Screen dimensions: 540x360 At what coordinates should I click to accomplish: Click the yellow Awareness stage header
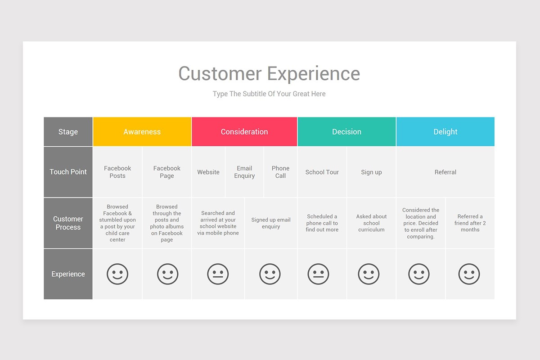coord(142,132)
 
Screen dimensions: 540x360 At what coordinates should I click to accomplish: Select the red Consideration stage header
coord(244,132)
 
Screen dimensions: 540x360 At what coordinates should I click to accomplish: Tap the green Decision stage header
coord(346,132)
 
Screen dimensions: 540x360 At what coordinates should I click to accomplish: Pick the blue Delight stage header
coord(445,132)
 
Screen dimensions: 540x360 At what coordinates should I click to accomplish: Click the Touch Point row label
coord(68,172)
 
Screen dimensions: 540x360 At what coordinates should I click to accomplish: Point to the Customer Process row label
coord(68,223)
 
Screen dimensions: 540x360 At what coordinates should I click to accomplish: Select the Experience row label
coord(68,274)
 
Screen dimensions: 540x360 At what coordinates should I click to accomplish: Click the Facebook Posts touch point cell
coord(117,172)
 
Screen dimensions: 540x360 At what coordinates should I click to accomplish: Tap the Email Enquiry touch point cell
coord(244,172)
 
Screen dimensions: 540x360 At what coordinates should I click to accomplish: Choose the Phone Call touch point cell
coord(281,172)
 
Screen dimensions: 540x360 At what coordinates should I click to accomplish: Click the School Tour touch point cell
coord(322,172)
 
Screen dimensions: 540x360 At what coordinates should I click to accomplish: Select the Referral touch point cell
coord(445,172)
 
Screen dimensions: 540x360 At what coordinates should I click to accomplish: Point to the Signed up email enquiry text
coord(271,223)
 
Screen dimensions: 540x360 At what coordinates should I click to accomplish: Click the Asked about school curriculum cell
coord(371,223)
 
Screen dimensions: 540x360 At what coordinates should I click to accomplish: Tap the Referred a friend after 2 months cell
coord(470,223)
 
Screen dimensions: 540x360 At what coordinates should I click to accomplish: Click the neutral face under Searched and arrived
coord(218,274)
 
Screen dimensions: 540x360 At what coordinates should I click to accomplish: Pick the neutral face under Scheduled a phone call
coord(318,274)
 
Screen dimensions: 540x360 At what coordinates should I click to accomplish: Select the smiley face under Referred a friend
coord(469,274)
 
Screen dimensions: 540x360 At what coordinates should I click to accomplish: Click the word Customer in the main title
coord(220,73)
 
